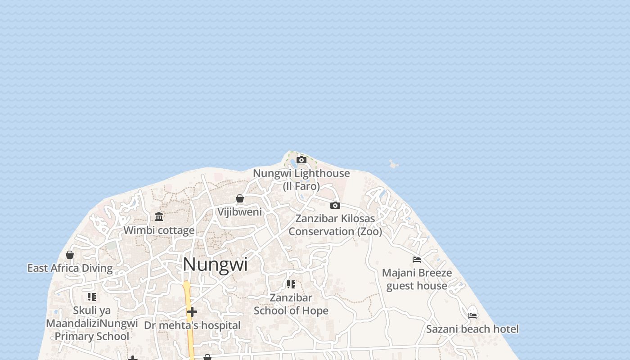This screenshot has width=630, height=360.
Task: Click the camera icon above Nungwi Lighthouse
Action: [x=301, y=160]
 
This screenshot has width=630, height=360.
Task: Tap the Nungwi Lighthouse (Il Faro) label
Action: [x=301, y=180]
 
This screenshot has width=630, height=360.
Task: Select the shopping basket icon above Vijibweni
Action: [x=240, y=198]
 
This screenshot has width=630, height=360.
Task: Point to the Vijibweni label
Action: [x=240, y=211]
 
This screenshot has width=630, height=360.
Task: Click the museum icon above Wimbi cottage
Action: [x=159, y=217]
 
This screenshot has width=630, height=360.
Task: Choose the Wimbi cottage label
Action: [x=159, y=230]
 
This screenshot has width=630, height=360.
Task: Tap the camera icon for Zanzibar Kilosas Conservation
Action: [x=335, y=205]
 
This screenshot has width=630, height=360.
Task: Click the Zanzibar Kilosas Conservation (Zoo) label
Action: [x=335, y=225]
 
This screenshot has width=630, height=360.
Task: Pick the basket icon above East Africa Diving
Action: [x=70, y=255]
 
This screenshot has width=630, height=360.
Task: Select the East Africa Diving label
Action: [x=70, y=268]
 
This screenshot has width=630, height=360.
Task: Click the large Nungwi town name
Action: [x=215, y=264]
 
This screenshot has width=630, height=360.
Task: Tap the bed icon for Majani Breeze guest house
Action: [x=417, y=260]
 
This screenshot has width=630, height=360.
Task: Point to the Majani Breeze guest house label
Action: [x=417, y=279]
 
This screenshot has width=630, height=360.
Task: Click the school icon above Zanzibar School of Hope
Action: [x=291, y=284]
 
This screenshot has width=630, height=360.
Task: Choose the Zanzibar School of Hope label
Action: [x=291, y=304]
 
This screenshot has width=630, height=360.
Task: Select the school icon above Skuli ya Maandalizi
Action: [x=92, y=297]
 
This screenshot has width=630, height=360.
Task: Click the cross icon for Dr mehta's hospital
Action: [x=192, y=312]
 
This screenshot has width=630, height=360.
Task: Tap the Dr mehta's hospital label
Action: [x=192, y=325]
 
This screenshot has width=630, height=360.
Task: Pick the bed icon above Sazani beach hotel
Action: [x=472, y=316]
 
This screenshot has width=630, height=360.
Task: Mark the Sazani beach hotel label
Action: [x=472, y=329]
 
